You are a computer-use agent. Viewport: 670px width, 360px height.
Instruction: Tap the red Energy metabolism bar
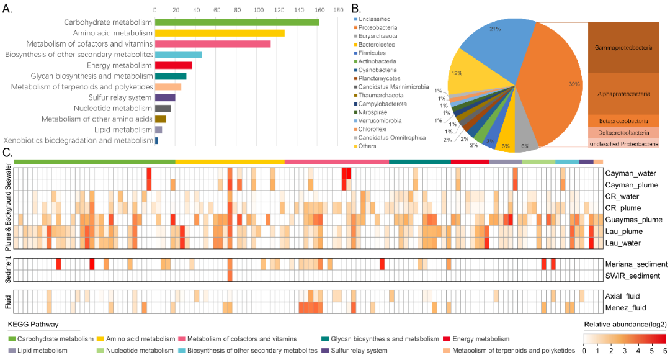click(x=173, y=65)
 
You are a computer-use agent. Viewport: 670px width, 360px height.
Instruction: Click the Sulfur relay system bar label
click(x=115, y=97)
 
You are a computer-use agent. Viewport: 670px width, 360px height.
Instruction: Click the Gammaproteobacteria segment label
click(x=622, y=48)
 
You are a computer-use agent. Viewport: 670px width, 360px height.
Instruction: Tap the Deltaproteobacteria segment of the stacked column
click(x=622, y=132)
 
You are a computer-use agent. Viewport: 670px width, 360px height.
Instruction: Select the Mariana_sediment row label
click(x=636, y=264)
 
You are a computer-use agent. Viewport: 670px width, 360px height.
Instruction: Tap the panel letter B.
click(x=355, y=9)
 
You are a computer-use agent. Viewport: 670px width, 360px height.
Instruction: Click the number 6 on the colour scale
click(x=664, y=350)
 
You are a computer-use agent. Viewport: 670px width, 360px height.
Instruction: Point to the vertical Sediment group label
click(x=7, y=269)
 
